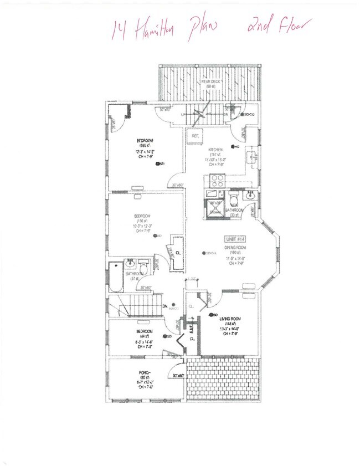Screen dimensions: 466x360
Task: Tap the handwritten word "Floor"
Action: (289, 24)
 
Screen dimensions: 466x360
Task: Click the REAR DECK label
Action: (212, 82)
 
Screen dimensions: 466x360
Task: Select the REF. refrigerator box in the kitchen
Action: (196, 136)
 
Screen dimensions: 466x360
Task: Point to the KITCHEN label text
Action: (215, 150)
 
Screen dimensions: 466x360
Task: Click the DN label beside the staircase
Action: (164, 306)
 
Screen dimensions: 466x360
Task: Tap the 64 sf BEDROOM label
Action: (145, 331)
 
